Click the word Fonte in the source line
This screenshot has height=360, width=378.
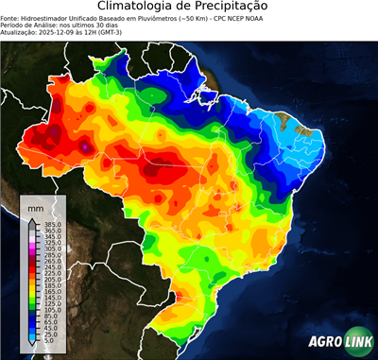(10, 16)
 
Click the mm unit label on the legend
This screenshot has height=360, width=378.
(35, 207)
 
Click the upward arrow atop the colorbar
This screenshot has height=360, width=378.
(31, 218)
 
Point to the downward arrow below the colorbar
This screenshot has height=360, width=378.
(31, 346)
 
